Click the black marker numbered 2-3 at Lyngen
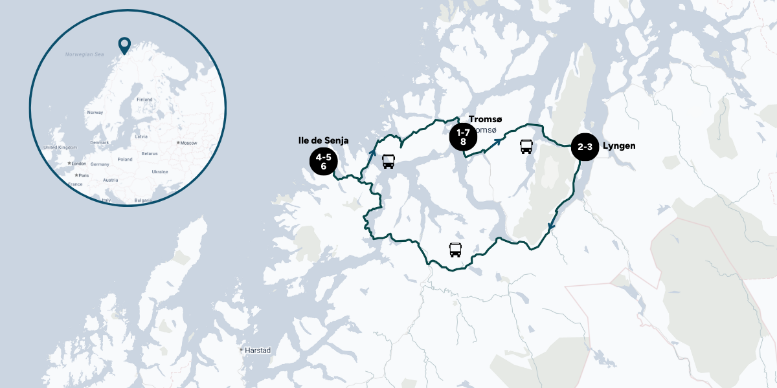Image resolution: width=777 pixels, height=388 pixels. (x=585, y=147)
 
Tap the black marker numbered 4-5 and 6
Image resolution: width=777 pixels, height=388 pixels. (x=323, y=161)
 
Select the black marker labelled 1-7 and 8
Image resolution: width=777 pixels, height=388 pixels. (x=463, y=136)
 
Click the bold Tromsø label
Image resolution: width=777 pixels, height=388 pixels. (x=485, y=120)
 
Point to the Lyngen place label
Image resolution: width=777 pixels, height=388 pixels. (x=618, y=146)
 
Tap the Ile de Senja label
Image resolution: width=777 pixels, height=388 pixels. (x=323, y=140)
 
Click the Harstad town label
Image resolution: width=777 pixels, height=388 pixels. (x=257, y=350)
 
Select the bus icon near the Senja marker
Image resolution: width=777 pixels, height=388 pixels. (x=388, y=161)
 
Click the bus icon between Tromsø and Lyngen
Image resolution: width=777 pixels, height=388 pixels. (x=526, y=147)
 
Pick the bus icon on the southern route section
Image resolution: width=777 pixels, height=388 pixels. (x=455, y=250)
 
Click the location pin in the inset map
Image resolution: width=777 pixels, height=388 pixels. (x=124, y=45)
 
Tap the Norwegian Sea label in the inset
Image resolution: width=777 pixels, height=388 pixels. (x=84, y=55)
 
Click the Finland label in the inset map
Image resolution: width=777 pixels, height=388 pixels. (x=144, y=100)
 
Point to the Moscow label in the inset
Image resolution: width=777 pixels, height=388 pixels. (x=188, y=142)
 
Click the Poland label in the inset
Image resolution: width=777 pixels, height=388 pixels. (x=125, y=159)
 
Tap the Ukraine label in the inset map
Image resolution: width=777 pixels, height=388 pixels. (x=159, y=171)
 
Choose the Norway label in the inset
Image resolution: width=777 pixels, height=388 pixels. (x=95, y=112)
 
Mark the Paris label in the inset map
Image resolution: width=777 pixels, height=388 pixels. (x=83, y=175)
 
